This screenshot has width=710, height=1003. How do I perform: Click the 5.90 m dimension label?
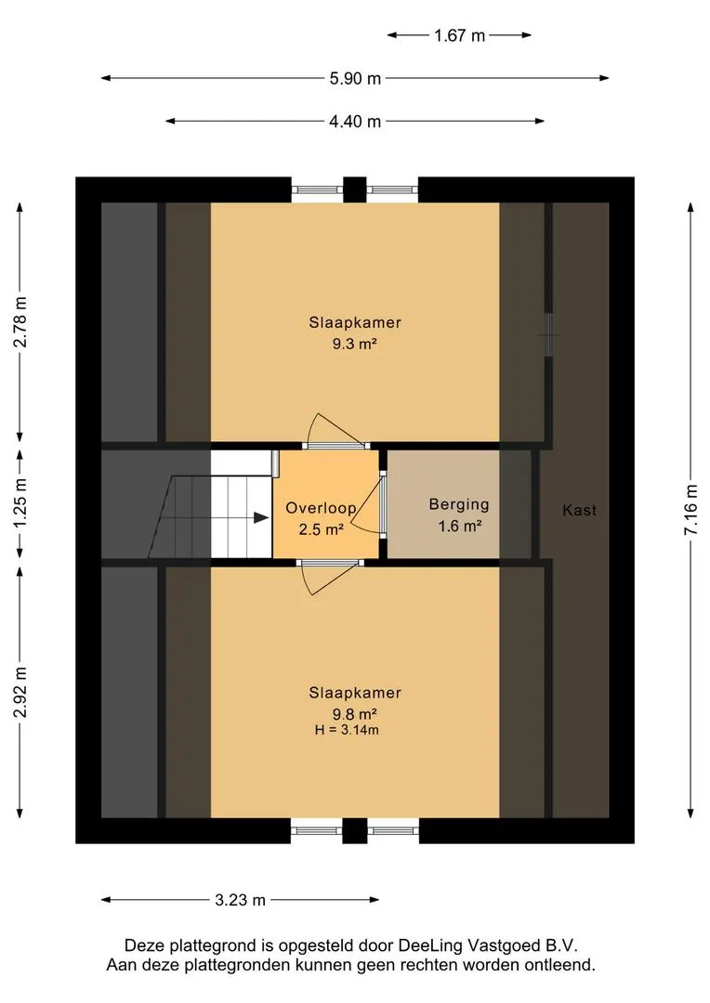click(355, 79)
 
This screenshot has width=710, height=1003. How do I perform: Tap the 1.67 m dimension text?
click(460, 35)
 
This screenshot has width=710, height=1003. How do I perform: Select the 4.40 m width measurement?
click(355, 121)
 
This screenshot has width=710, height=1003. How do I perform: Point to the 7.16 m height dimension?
click(690, 510)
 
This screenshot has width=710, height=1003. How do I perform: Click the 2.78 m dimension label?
click(20, 321)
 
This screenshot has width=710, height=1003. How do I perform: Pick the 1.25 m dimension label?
click(20, 504)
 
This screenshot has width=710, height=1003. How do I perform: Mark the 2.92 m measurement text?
click(20, 692)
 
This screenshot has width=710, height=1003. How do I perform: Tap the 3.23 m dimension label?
click(240, 900)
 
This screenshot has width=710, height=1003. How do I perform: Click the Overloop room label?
click(321, 508)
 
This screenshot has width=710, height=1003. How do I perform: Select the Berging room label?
click(459, 504)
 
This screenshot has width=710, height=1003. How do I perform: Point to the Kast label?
click(579, 510)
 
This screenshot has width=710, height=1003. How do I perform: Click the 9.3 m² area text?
click(354, 344)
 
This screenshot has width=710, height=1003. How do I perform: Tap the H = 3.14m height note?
click(347, 730)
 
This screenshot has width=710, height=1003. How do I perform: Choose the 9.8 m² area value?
click(354, 714)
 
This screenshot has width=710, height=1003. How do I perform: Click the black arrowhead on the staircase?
click(261, 517)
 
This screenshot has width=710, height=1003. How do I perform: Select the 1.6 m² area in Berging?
click(460, 527)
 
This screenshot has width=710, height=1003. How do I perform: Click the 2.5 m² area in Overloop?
click(322, 529)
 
